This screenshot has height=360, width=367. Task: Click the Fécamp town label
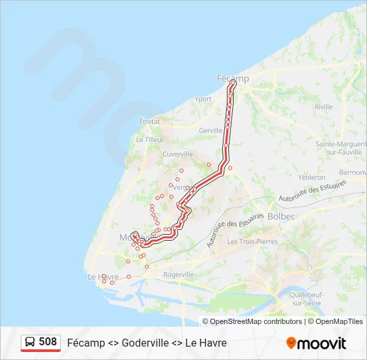point(233,78)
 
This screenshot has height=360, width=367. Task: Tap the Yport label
point(203,99)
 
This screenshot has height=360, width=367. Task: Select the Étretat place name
point(149,121)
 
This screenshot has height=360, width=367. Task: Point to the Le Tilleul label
point(149,139)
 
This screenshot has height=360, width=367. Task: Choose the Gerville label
point(210,131)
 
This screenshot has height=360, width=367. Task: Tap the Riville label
point(324,107)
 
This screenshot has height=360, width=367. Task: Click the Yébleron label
point(312,177)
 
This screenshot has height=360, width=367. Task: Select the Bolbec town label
point(280,216)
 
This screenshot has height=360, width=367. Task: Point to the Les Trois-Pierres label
point(252,241)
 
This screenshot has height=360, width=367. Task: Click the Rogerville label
point(178,274)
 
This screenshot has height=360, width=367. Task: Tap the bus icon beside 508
point(31,342)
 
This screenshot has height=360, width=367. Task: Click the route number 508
point(47,342)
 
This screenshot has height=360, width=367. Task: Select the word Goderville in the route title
point(146,343)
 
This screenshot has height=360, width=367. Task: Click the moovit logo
point(316,343)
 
